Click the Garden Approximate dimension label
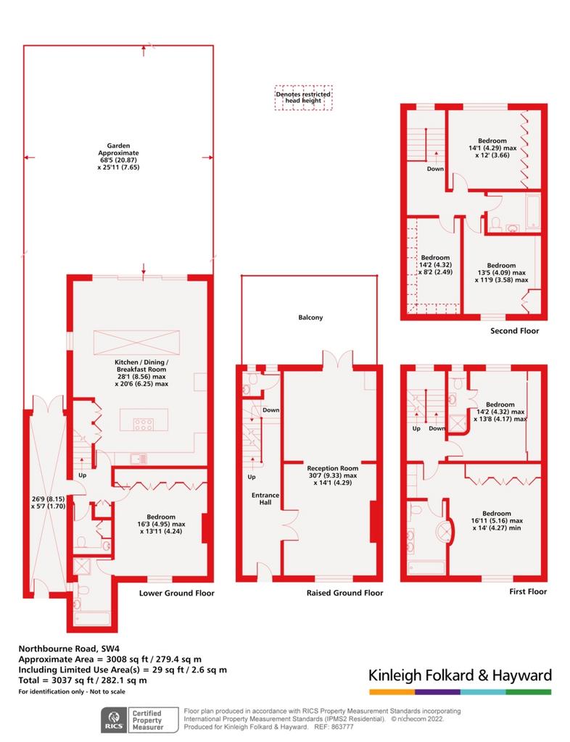coord(118,157)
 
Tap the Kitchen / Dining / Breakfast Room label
coord(141,373)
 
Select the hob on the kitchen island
coord(143,424)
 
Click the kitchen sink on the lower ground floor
coord(139,459)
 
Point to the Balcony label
coord(310,317)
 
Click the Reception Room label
coord(333,475)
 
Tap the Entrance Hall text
coord(265,499)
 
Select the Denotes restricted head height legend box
coord(303,98)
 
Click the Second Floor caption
coord(515,330)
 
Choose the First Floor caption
coord(528,591)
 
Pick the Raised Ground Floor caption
coord(344,593)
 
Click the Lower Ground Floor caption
coord(177,593)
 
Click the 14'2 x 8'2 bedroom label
coord(435,265)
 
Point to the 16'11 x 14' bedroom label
coord(497,520)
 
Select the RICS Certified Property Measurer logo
coord(140,720)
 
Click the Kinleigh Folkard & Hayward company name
coord(460,675)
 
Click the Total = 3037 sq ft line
coord(83,680)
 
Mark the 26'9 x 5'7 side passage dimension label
coord(48,502)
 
